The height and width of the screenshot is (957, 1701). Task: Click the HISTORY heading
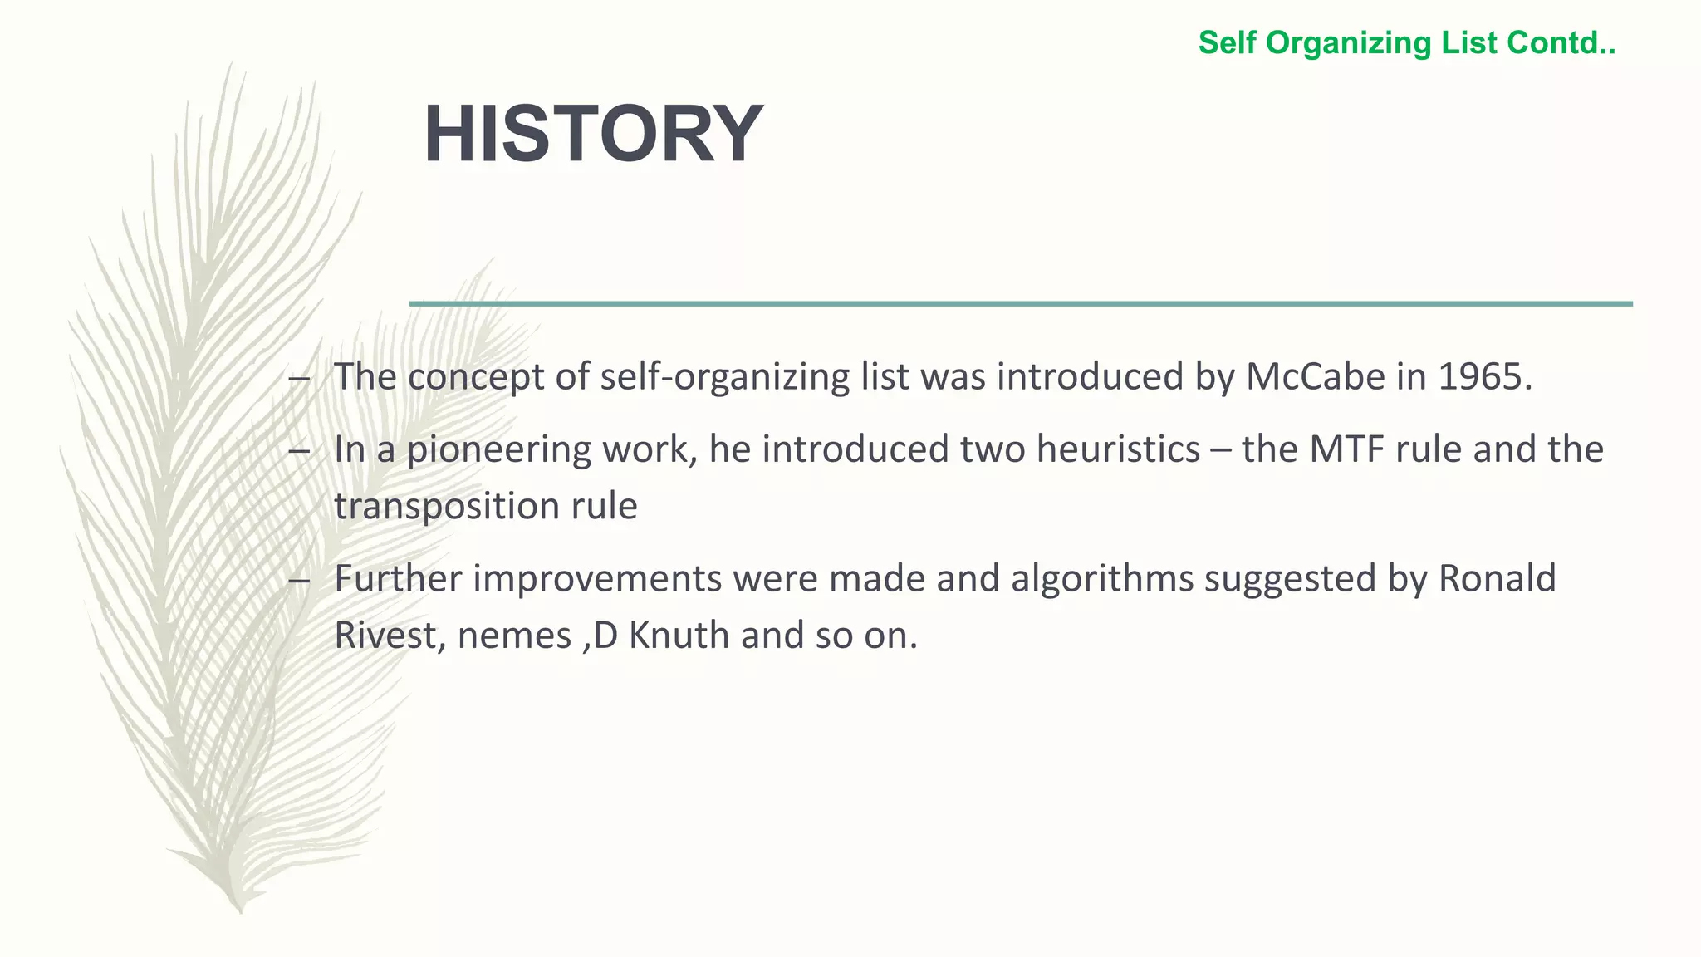pos(593,135)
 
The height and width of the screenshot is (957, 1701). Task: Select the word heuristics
pos(1118,449)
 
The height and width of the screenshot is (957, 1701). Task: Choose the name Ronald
pos(1497,579)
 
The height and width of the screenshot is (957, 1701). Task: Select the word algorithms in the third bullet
pos(1102,579)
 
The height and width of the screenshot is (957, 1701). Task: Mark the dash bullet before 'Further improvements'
pos(299,582)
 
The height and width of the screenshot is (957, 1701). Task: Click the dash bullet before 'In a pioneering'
pos(299,452)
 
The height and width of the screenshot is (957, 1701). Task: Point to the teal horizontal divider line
pos(1021,304)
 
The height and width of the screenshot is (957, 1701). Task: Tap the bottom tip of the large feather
pos(240,910)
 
